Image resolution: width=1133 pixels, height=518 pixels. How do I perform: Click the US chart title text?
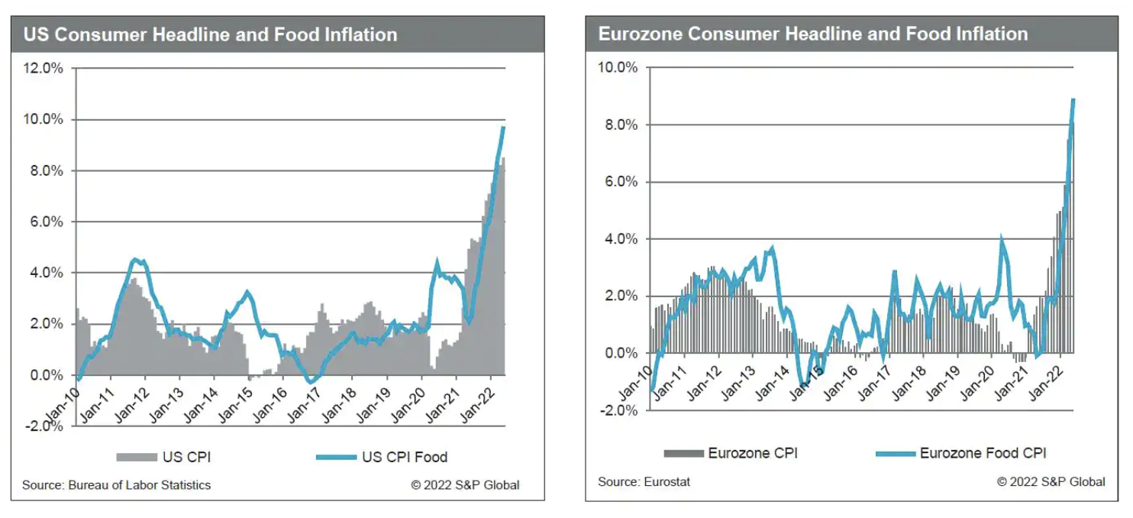[x=211, y=34]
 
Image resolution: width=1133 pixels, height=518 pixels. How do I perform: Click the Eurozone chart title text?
[x=813, y=34]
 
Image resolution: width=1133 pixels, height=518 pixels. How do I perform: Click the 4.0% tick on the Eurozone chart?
[x=618, y=239]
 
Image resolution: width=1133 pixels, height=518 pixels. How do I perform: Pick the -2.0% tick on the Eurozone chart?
[x=616, y=410]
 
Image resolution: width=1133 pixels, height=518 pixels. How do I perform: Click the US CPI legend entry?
[x=163, y=458]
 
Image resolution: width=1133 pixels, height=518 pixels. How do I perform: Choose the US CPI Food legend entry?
[x=381, y=458]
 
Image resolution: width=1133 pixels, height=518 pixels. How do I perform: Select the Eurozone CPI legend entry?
[x=731, y=453]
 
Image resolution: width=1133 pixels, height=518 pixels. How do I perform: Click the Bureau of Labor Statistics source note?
[x=116, y=485]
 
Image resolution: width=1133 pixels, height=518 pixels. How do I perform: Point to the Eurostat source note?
[x=645, y=482]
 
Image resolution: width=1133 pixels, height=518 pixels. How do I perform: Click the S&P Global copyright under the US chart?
[x=465, y=485]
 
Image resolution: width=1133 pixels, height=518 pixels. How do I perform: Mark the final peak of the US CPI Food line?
[x=503, y=127]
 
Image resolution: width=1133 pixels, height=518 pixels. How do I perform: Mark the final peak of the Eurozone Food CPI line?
[x=1073, y=99]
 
